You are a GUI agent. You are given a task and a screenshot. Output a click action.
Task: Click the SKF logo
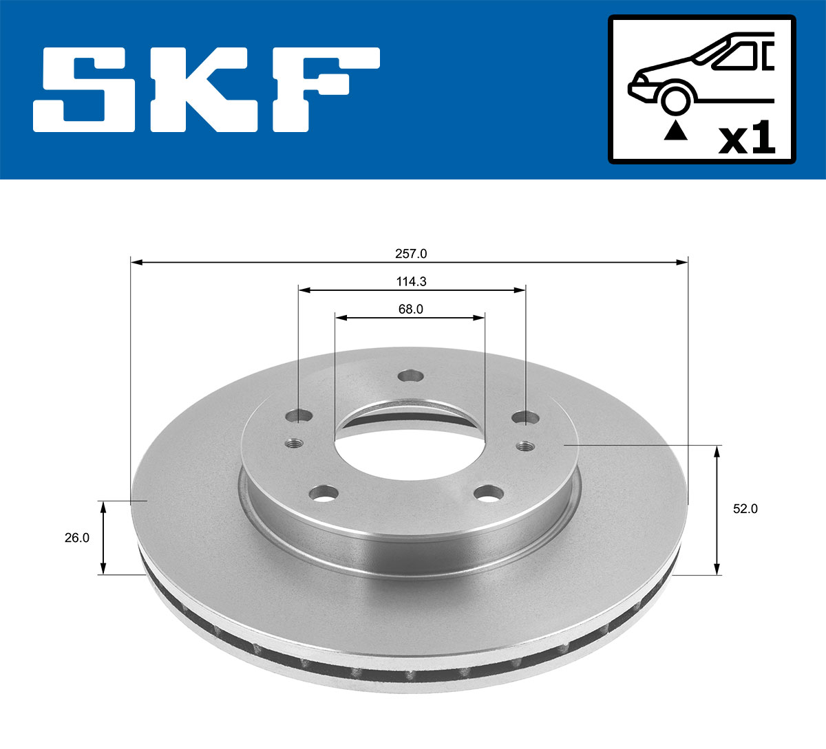coord(206,89)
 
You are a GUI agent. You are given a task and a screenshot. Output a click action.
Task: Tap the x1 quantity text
coord(746,140)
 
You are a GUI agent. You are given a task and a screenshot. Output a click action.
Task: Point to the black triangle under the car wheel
coord(675,130)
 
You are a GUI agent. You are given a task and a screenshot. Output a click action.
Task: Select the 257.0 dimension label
coord(411,254)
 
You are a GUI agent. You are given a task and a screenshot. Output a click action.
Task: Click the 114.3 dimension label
coord(411,282)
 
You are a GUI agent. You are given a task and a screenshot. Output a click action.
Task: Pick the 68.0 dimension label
coord(410,310)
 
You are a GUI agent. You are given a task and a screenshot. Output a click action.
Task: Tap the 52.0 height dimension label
coord(745,509)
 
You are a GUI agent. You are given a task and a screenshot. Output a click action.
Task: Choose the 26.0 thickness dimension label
coord(77,538)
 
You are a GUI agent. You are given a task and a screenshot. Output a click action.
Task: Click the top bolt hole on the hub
coord(411,376)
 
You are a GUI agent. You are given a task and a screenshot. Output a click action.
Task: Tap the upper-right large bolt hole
coord(525,417)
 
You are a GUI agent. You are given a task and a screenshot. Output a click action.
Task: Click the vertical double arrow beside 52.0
coord(717,510)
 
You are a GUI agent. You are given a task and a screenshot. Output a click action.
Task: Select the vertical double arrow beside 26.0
coord(103,538)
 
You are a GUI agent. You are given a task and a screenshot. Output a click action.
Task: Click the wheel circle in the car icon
coord(675,99)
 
